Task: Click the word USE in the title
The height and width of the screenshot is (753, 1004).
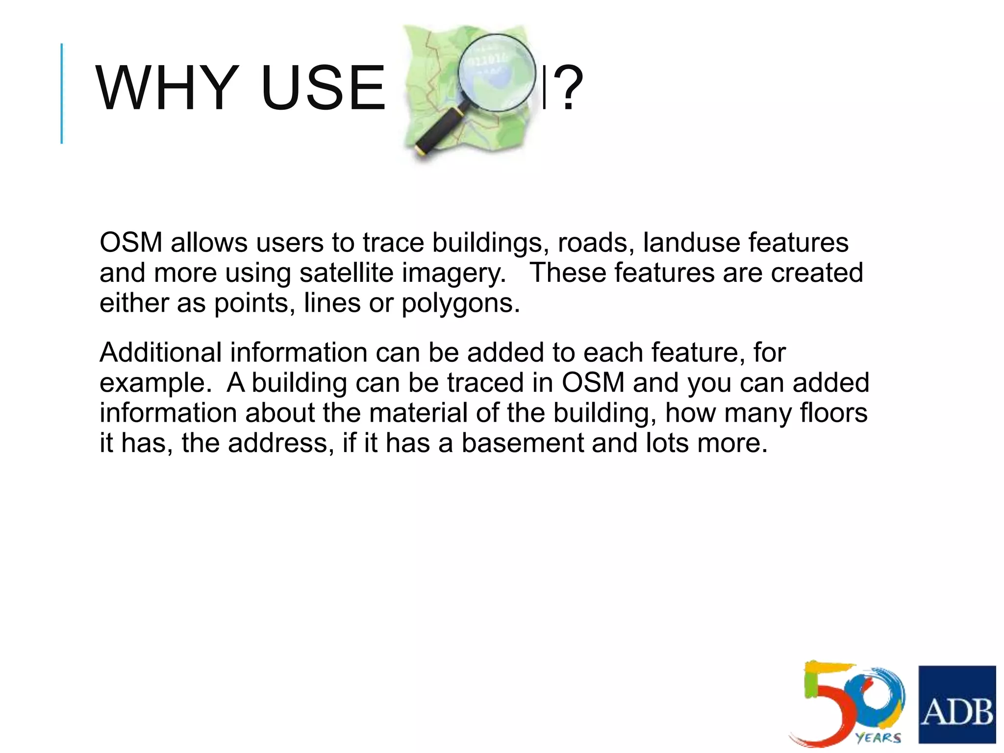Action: click(323, 88)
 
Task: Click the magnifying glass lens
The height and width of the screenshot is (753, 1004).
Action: click(496, 72)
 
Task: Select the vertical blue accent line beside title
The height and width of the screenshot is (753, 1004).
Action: click(62, 94)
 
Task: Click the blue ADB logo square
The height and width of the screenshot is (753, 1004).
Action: click(956, 704)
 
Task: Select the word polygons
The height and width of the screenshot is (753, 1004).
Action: click(460, 303)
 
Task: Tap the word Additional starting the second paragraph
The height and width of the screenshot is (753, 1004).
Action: click(160, 352)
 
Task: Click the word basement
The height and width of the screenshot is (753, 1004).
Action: click(522, 443)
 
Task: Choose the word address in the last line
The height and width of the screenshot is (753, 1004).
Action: click(280, 443)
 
